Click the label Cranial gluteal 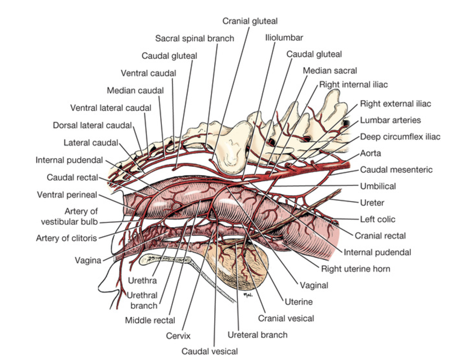[250, 21]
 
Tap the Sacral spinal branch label [195, 38]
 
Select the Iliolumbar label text [284, 37]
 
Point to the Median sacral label [330, 70]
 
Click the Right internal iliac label [353, 84]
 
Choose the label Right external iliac [395, 104]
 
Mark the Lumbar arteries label [390, 120]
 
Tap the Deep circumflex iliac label [400, 137]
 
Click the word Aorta [371, 153]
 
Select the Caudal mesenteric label [396, 170]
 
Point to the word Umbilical [378, 186]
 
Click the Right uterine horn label [356, 269]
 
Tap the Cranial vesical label [286, 318]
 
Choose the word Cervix [178, 336]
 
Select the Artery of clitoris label [66, 238]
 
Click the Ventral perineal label [67, 195]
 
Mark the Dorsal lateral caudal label [92, 125]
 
